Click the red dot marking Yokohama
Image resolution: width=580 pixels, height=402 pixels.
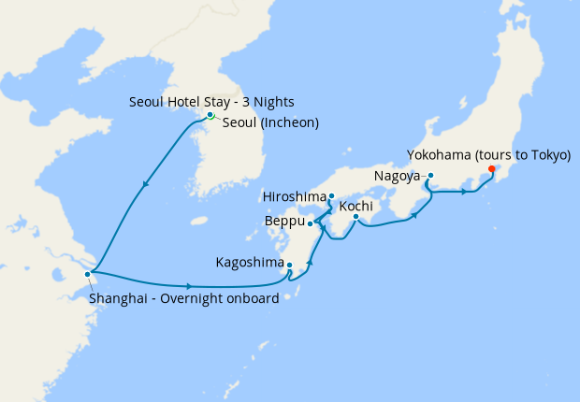point(492,169)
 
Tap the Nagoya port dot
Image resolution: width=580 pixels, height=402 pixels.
point(430,175)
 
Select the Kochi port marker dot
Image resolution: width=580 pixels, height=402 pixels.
point(355,218)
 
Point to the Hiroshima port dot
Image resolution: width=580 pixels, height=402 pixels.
point(332,196)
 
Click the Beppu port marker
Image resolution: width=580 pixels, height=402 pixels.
point(310,223)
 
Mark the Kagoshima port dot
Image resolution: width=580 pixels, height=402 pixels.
point(290,266)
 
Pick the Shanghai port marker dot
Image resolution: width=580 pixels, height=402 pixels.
point(87,274)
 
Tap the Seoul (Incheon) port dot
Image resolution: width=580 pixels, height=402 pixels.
point(210,115)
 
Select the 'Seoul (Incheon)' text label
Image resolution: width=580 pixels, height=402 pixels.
point(270,122)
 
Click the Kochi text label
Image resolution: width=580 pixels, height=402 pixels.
point(356,206)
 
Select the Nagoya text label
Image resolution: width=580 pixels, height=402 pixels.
point(397,175)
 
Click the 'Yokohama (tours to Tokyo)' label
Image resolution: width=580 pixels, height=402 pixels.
point(488,154)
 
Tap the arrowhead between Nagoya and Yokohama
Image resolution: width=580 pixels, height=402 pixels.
point(463,193)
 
